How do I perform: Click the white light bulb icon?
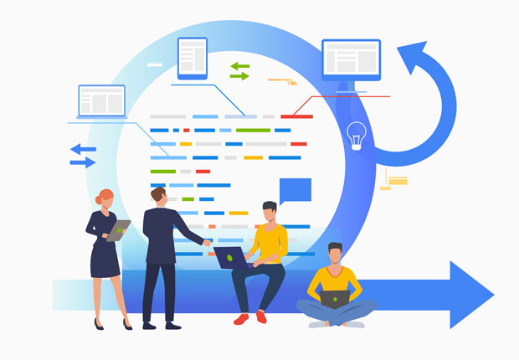(x=357, y=135)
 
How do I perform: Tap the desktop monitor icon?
(x=351, y=61)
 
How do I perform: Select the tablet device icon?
(x=192, y=58)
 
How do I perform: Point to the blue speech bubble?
(x=295, y=191)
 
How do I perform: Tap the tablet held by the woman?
(x=118, y=229)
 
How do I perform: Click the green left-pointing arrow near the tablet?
(x=239, y=65)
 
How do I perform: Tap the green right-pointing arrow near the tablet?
(x=239, y=76)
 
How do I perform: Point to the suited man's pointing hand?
(x=207, y=243)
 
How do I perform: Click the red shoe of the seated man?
(x=241, y=319)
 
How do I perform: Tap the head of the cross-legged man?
(x=335, y=253)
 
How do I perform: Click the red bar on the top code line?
(x=296, y=116)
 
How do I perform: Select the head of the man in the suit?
(x=158, y=195)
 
